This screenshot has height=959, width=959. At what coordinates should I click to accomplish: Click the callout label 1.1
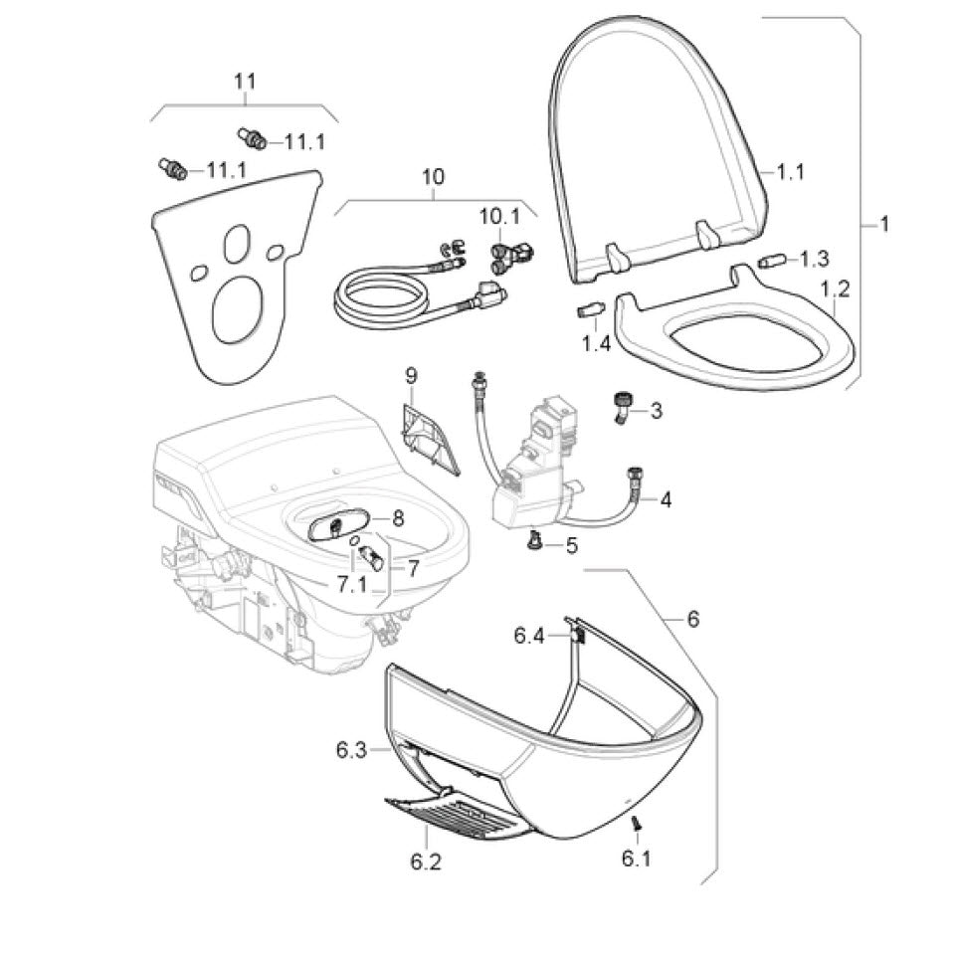point(790,173)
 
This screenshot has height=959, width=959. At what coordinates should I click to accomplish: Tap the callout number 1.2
point(834,289)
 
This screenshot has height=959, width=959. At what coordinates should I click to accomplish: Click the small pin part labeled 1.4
point(588,307)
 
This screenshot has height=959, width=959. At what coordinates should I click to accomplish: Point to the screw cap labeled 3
point(620,406)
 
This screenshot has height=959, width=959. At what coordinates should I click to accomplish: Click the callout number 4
point(666,499)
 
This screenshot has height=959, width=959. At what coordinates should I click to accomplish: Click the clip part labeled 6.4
point(577,633)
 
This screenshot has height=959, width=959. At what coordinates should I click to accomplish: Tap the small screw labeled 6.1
point(634,823)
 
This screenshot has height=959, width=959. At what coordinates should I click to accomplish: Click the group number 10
point(434,178)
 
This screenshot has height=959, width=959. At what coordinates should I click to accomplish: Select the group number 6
point(693,619)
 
